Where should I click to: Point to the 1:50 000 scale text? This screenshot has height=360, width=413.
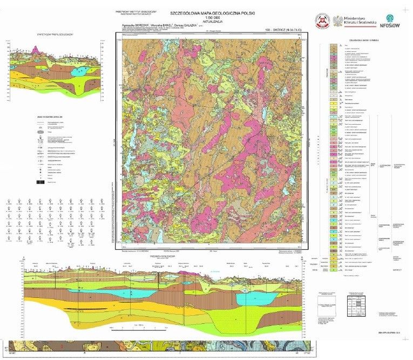(212, 17)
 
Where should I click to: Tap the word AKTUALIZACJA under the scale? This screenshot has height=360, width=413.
(212, 22)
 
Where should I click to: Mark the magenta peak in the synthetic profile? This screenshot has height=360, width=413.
(37, 50)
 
